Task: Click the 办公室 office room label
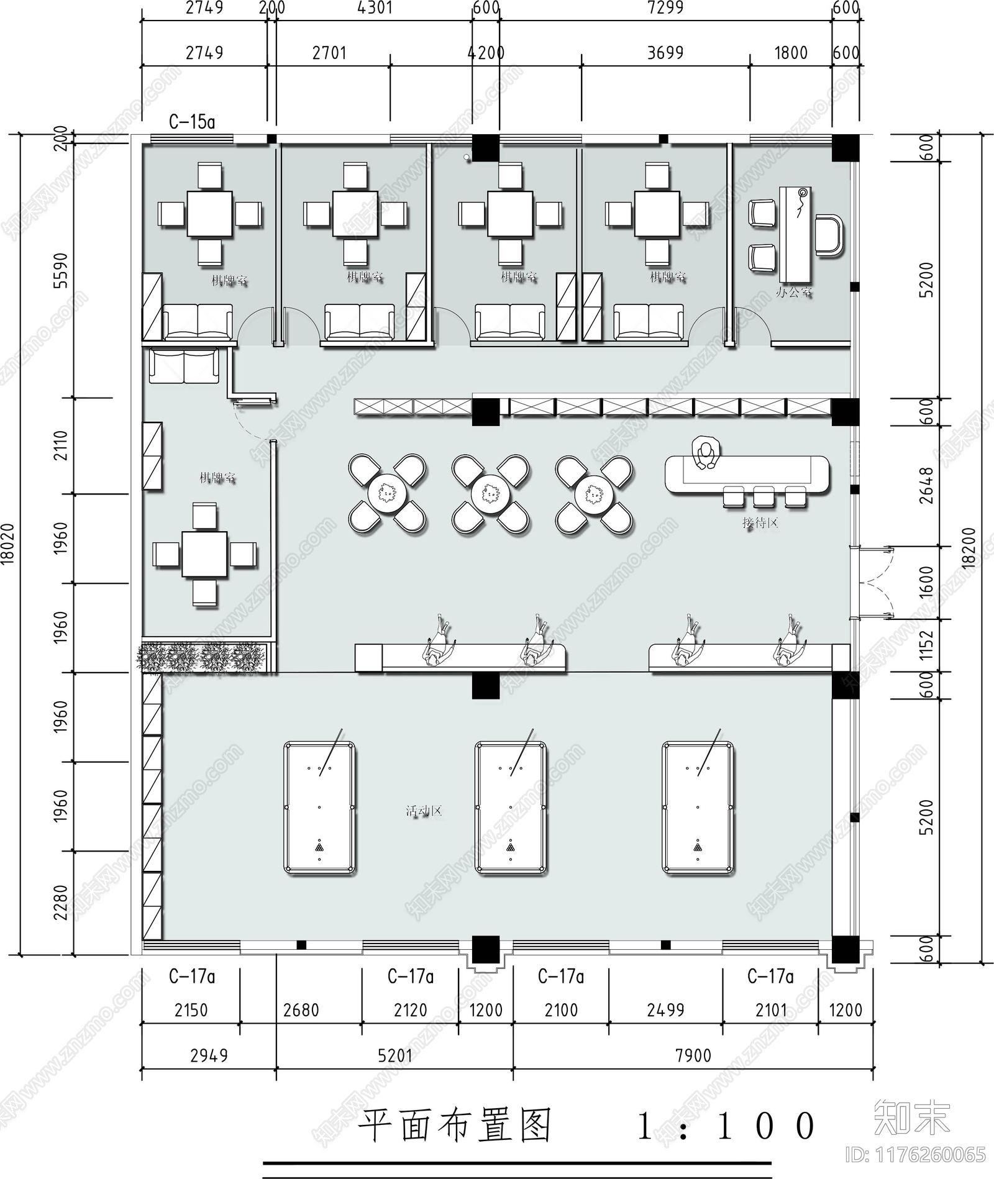pos(793,292)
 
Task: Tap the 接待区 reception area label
pos(760,523)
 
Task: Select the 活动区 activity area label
pos(424,811)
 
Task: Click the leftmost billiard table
pos(319,807)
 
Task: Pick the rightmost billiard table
pos(698,807)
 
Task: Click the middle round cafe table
pos(491,494)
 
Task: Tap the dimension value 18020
pos(7,544)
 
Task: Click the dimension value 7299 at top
pos(665,8)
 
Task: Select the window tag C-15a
pos(192,122)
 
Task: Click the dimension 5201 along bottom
pos(395,1055)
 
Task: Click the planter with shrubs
pos(201,657)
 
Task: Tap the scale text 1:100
pos(726,1126)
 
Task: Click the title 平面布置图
pos(455,1126)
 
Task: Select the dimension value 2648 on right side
pos(926,485)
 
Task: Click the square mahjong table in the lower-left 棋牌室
pos(204,554)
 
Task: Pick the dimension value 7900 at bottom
pos(693,1055)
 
